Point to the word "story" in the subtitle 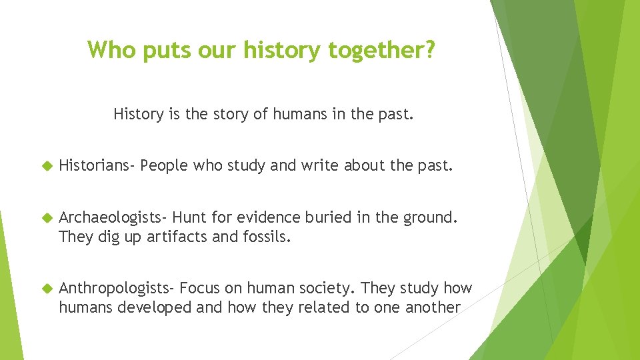[233, 114]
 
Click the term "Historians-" [97, 165]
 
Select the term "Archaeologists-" [113, 217]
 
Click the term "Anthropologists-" [117, 289]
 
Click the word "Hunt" [189, 217]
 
